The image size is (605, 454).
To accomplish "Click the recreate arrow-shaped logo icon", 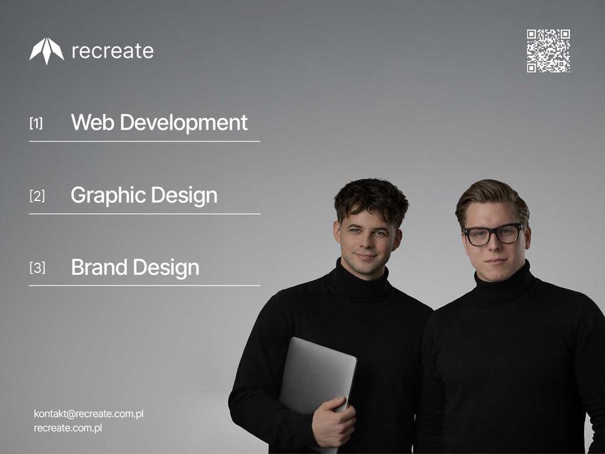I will point(47,51).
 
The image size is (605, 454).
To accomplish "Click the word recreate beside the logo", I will point(112,51).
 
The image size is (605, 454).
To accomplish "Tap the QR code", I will point(548,51).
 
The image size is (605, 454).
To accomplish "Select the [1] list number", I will point(36,123).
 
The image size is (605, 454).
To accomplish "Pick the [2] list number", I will point(37,195).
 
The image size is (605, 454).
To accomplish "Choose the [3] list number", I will point(37,267).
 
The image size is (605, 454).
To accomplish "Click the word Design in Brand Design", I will point(169,267).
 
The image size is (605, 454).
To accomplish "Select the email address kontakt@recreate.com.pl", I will point(88,414).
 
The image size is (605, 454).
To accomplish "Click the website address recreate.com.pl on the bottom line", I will point(68,428).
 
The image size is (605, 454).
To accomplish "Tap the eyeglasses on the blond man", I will point(493,234).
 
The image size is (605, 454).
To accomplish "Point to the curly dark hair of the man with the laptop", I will point(371,197).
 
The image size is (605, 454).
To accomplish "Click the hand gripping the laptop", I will point(333,422).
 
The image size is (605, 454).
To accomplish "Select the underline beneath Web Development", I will point(145,141).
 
